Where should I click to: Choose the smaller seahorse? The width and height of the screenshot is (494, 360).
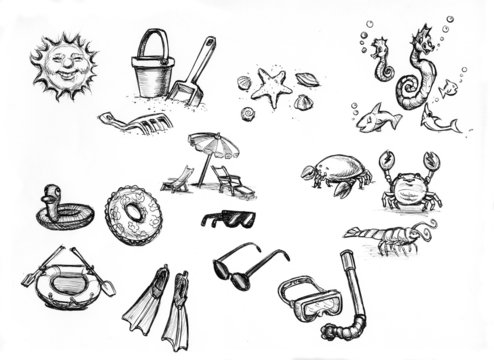pyautogui.click(x=381, y=61)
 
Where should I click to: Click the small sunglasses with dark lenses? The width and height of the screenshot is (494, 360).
pyautogui.click(x=228, y=218)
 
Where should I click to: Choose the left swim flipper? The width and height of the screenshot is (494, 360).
pyautogui.click(x=145, y=303)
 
